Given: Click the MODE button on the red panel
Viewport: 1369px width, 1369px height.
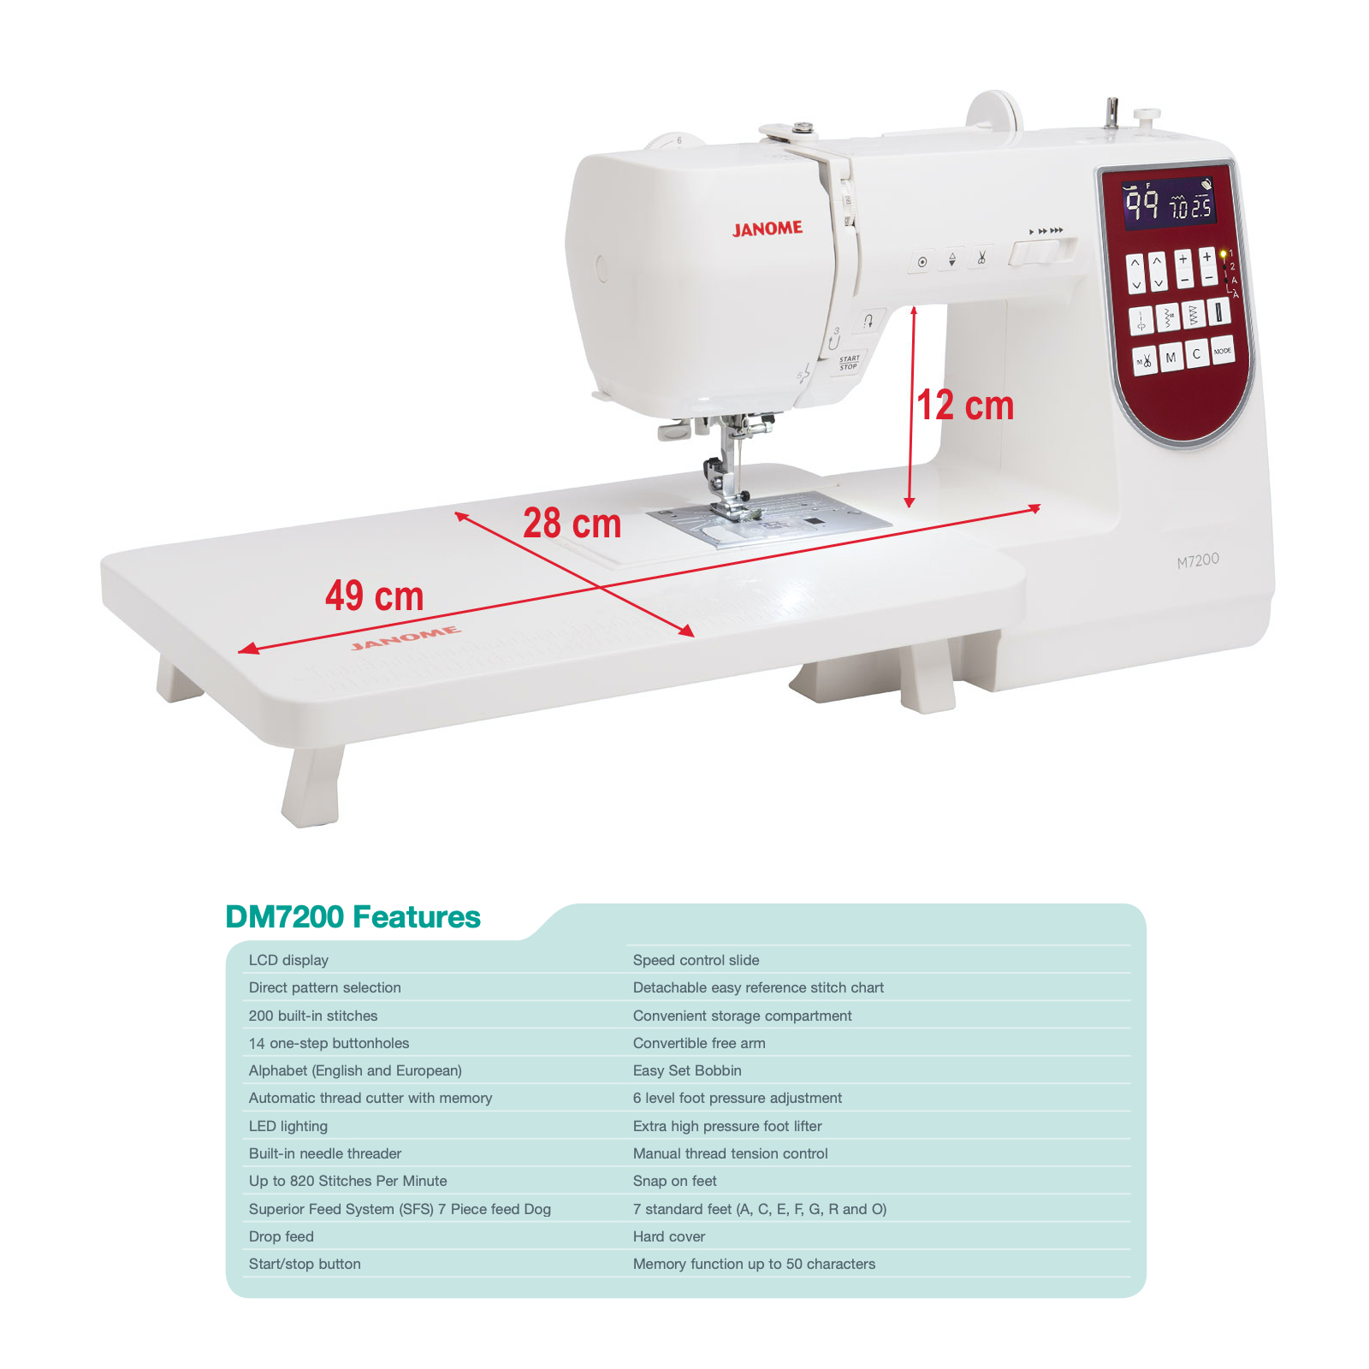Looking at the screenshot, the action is (x=1223, y=351).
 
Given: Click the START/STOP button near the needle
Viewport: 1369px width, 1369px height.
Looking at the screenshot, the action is (x=849, y=364).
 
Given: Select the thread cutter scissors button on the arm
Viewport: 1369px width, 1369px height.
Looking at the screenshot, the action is (x=981, y=257).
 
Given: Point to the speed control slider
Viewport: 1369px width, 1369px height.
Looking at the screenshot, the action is (x=1042, y=252).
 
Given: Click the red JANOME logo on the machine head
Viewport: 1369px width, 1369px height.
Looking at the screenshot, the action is (x=767, y=228).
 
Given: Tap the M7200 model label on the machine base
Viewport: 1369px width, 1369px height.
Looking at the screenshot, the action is (x=1198, y=560).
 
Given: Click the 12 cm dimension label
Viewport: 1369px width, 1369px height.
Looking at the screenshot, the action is (x=965, y=405).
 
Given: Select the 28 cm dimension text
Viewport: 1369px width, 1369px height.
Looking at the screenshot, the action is (x=572, y=523).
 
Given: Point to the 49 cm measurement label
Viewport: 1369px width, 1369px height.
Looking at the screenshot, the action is (x=374, y=596).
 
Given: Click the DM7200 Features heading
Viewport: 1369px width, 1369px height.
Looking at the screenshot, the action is (x=353, y=916).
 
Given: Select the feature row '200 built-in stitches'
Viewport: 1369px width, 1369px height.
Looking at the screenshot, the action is (x=313, y=1016).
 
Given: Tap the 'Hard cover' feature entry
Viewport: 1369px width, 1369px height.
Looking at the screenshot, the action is (x=669, y=1236).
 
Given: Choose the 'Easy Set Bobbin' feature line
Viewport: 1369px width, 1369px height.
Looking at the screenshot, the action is (x=687, y=1070).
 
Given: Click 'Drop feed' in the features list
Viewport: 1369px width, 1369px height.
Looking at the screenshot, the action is (x=282, y=1236).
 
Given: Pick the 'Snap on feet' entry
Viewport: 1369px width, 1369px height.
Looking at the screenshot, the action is (x=675, y=1181).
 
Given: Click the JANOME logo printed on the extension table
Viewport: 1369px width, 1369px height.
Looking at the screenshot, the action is (x=406, y=637).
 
